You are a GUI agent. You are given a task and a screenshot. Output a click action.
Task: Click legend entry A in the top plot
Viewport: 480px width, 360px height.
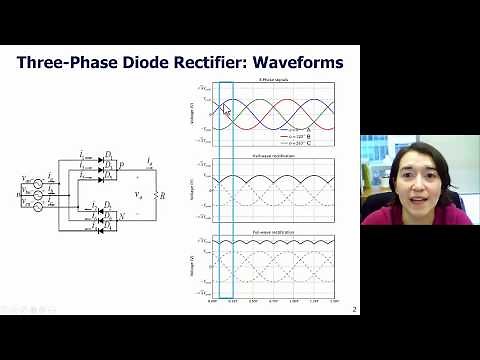[x=305, y=130]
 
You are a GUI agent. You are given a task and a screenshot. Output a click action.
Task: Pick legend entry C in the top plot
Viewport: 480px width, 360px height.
[x=305, y=143]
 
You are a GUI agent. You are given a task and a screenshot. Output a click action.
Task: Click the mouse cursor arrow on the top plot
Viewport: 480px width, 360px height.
[x=226, y=110]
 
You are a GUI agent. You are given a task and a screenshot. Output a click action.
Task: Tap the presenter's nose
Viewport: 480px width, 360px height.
[x=418, y=182]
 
